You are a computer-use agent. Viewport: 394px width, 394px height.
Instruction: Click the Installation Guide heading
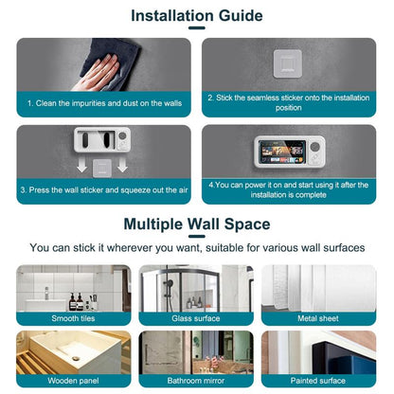196,15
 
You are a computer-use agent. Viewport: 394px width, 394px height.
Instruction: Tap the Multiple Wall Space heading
196,224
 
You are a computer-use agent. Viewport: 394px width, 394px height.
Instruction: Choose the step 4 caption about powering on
293,190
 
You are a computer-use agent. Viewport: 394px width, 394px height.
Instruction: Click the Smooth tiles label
72,318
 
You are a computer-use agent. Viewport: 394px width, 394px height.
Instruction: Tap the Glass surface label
195,318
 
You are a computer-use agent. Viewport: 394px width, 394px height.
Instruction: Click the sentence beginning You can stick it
196,247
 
